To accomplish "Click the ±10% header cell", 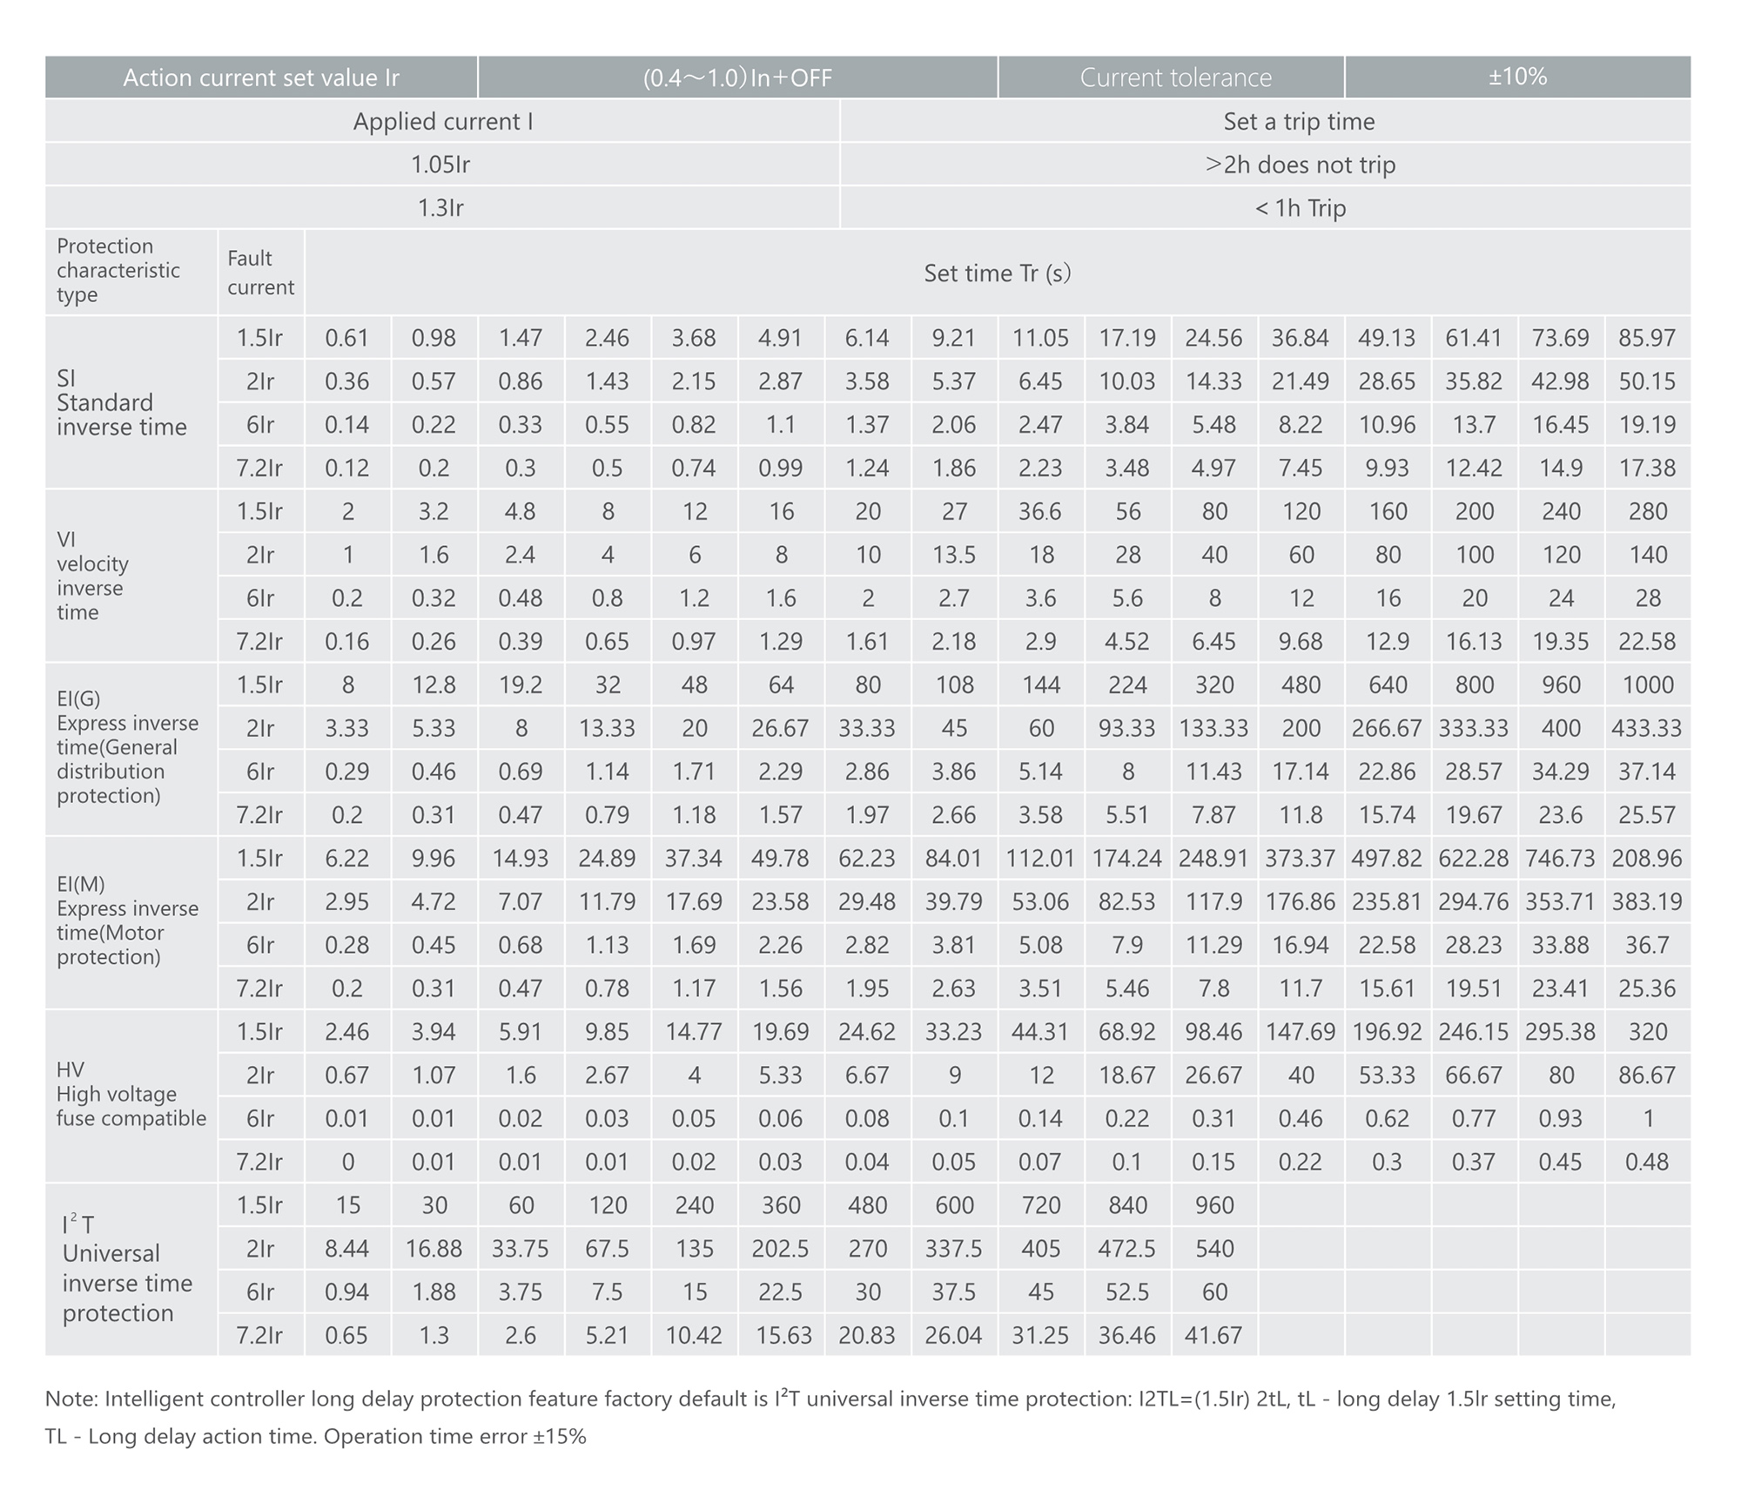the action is pos(1517,77).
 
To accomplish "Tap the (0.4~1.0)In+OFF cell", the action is pos(737,77).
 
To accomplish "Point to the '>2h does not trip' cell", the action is pos(1300,165).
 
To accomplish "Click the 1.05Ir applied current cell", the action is pos(440,165).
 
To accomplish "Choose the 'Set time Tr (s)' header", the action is pos(998,273).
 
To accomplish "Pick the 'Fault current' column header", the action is pos(260,273).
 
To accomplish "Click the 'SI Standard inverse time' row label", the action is pos(122,402).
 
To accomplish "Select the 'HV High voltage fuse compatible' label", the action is pos(131,1095).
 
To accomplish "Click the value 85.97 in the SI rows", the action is pos(1647,338).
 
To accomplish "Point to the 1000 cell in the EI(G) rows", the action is pos(1647,685).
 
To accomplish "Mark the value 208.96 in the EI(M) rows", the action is pos(1647,858).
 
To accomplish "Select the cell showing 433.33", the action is pos(1647,728).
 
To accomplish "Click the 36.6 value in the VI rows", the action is pos(1040,511).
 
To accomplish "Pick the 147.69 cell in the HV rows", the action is pos(1301,1032).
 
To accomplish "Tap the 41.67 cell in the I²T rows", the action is pos(1213,1335).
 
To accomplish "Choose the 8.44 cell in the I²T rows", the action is pos(346,1249).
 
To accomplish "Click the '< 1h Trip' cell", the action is pos(1300,208).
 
